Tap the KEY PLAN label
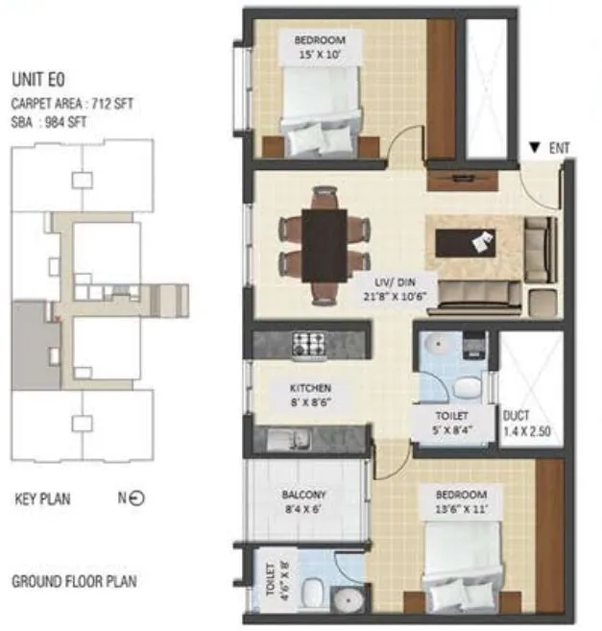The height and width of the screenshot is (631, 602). click(42, 499)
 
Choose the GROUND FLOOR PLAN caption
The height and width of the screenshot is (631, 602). click(73, 582)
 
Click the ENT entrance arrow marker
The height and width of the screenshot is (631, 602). click(535, 148)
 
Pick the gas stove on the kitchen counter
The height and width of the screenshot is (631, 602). click(309, 343)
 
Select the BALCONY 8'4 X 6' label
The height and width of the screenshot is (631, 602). click(303, 503)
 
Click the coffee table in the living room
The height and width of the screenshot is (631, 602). click(465, 242)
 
